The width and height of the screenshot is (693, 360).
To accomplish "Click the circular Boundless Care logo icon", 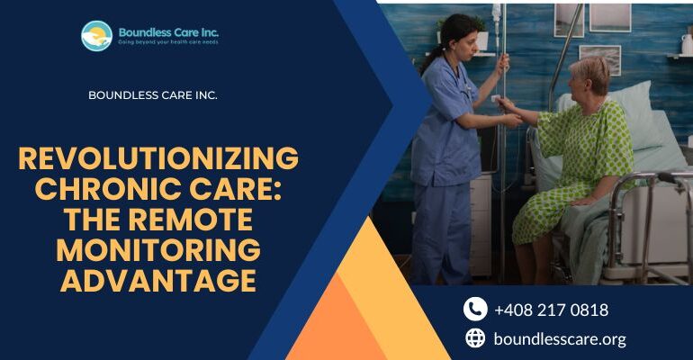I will coord(96,36).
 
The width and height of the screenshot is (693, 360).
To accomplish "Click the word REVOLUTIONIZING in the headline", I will coord(158,158).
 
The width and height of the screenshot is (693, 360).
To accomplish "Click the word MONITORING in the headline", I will coord(158,250).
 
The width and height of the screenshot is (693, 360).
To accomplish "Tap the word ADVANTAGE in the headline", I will coord(158,281).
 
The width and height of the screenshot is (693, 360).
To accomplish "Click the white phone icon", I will coord(475,310).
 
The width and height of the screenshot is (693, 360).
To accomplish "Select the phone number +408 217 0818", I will coord(551,310).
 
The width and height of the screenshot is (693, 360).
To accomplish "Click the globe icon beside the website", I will coord(475,338).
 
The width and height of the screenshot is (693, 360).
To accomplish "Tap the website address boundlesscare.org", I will coord(560,338).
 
